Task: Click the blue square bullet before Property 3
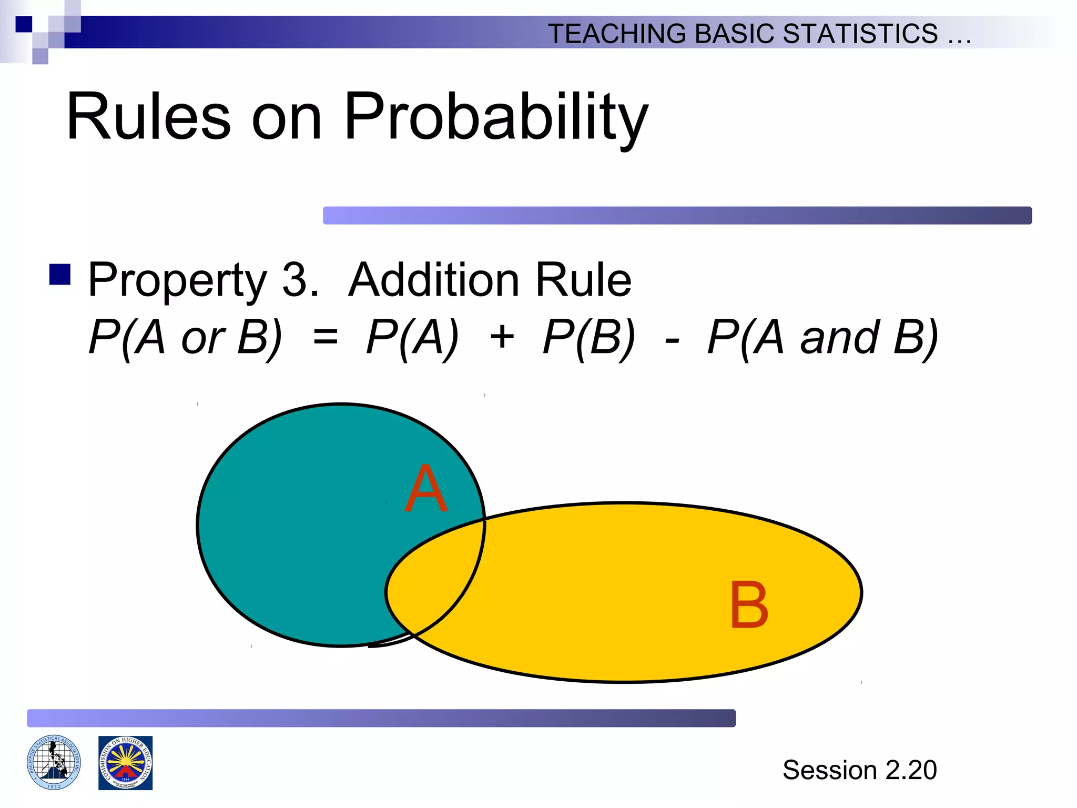coord(60,274)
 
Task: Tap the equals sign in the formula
coord(325,337)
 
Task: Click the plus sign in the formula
coord(502,337)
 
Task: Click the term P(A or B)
coord(185,337)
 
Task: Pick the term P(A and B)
coord(822,337)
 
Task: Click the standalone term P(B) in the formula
coord(589,337)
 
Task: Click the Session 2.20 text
coord(859,770)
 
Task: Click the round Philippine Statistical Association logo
coord(54,762)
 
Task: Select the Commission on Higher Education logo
coord(125,763)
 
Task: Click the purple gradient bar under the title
coord(677,215)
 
